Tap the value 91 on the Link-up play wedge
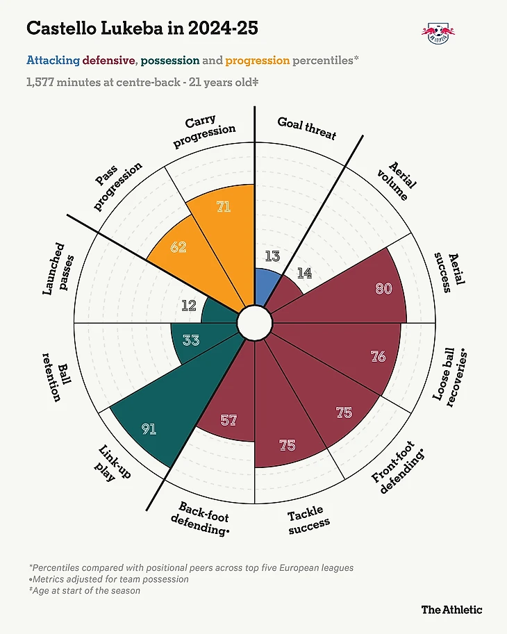point(149,429)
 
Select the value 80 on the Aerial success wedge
point(383,288)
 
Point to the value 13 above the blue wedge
point(273,256)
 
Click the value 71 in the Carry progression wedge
point(223,206)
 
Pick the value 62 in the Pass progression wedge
point(178,247)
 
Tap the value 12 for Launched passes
point(189,304)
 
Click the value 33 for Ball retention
point(191,340)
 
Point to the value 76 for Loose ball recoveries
point(378,357)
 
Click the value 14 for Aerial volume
point(304,273)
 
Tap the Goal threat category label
point(306,127)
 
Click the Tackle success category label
point(308,522)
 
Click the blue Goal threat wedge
point(266,286)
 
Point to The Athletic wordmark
point(451,609)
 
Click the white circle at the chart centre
point(253,323)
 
